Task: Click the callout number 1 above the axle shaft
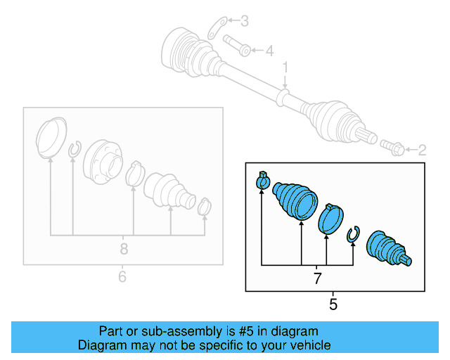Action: [286, 67]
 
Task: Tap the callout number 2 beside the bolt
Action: [422, 150]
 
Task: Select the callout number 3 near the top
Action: [244, 21]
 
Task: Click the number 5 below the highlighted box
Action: [333, 304]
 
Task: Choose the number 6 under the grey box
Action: [122, 276]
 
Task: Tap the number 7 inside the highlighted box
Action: [317, 279]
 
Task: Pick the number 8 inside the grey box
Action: [124, 248]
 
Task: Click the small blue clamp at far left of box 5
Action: [262, 182]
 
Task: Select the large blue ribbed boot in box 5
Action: [295, 201]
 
